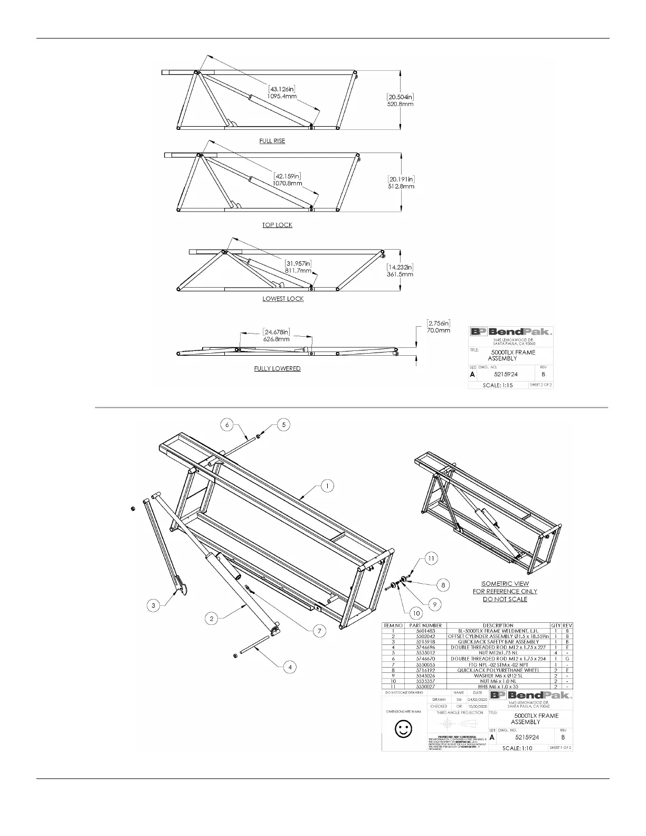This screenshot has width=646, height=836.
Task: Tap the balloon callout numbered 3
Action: pyautogui.click(x=154, y=605)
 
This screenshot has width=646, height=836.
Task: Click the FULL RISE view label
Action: pyautogui.click(x=272, y=141)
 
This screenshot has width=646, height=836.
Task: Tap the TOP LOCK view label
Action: pyautogui.click(x=277, y=225)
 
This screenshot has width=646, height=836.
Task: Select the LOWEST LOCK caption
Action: pyautogui.click(x=283, y=299)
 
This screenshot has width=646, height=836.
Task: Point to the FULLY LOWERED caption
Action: pyautogui.click(x=277, y=368)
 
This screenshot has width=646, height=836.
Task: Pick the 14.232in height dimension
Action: pyautogui.click(x=400, y=267)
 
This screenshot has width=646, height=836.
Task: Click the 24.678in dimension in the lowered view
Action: pyautogui.click(x=276, y=332)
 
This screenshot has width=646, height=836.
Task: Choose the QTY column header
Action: pyautogui.click(x=556, y=625)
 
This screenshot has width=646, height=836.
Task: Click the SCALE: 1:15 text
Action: pyautogui.click(x=498, y=385)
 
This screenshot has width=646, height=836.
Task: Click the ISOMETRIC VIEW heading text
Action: pyautogui.click(x=505, y=584)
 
